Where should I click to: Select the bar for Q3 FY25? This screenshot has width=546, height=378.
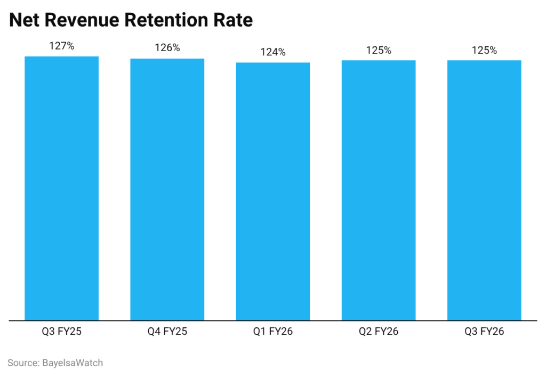tap(61, 188)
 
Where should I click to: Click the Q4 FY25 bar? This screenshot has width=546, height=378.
tap(167, 189)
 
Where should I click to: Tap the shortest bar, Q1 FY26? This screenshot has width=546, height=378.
tap(273, 191)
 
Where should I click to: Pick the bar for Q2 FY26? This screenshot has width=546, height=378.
tap(379, 190)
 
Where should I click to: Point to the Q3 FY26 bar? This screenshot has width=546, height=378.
tap(484, 190)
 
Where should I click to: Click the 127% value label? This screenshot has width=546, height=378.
tap(61, 46)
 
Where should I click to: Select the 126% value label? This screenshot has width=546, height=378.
tap(167, 48)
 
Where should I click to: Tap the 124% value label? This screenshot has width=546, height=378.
tap(273, 52)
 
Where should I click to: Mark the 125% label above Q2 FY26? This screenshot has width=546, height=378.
tap(379, 51)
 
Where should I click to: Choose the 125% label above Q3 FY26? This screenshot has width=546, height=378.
tap(484, 51)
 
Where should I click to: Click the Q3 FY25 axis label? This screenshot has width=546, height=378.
tap(61, 332)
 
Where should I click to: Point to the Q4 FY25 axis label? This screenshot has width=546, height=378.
tap(167, 332)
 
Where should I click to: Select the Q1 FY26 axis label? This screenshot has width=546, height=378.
tap(273, 332)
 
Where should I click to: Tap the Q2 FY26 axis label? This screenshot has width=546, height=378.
tap(379, 332)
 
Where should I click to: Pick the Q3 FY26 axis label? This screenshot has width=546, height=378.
tap(484, 332)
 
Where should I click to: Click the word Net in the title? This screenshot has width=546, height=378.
tap(24, 20)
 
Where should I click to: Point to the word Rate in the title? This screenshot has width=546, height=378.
tap(233, 20)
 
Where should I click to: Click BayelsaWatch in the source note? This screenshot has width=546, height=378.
tap(72, 363)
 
